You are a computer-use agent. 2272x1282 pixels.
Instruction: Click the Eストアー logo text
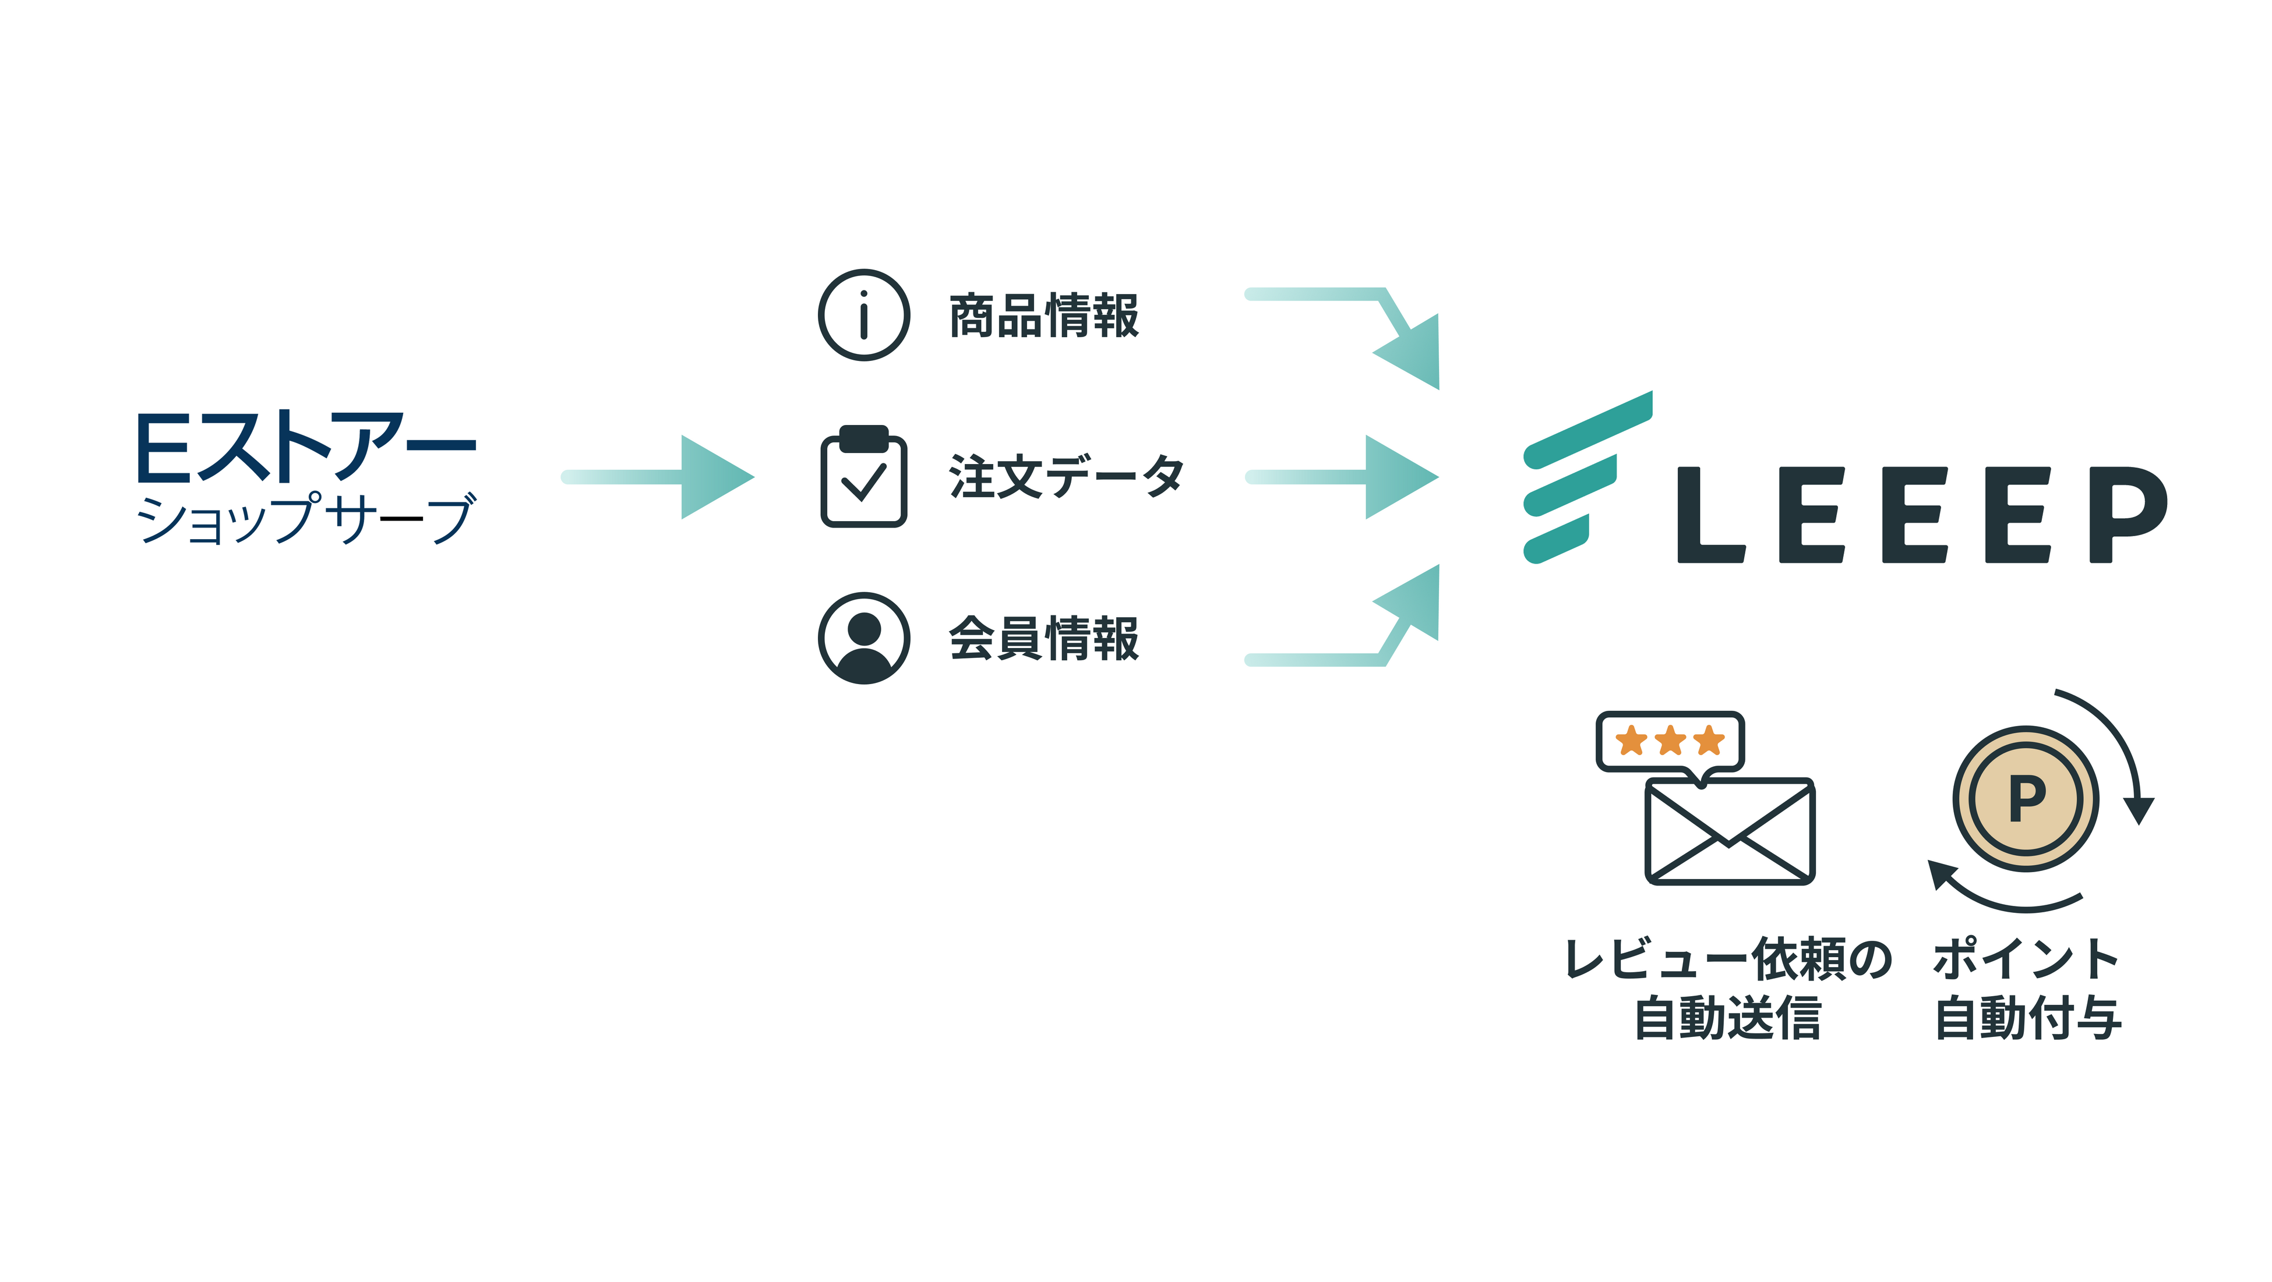(x=306, y=447)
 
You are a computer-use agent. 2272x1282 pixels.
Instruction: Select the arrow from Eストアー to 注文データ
(x=657, y=477)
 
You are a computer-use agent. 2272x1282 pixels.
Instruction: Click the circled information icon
(x=863, y=315)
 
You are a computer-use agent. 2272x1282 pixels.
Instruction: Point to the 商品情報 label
(x=1043, y=316)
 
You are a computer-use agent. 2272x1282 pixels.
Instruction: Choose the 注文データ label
(x=1066, y=477)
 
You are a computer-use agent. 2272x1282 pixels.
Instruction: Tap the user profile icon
(x=863, y=638)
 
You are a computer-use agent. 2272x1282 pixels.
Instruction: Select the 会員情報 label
(x=1043, y=638)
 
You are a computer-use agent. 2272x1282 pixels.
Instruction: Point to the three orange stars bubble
(x=1670, y=741)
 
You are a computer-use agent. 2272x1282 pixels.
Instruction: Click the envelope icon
(x=1728, y=831)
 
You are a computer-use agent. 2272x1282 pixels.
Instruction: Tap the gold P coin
(x=2026, y=799)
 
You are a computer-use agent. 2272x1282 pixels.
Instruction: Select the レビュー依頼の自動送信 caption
(x=1728, y=987)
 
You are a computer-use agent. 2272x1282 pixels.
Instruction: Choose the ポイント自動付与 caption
(x=2027, y=987)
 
